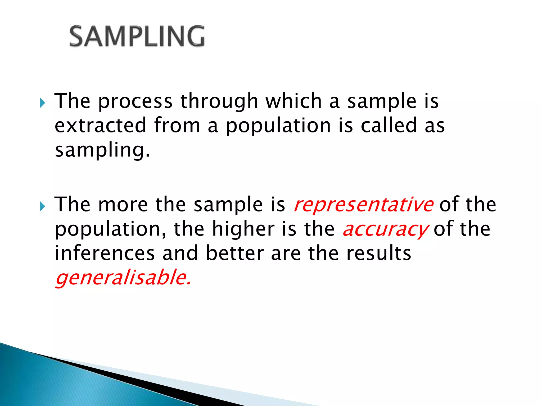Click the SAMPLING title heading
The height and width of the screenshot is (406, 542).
[137, 36]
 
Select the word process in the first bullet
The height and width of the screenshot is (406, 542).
[135, 102]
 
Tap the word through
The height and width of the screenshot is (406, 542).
[219, 102]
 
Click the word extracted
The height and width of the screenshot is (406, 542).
[101, 125]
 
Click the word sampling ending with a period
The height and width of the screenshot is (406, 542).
[102, 150]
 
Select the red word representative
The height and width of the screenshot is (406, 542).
[363, 205]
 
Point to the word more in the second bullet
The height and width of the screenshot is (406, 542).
[123, 205]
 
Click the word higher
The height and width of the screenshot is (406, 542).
[243, 229]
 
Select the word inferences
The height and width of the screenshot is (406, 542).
[105, 253]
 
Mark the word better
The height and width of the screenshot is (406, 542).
[235, 253]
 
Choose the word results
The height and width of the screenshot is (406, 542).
[379, 253]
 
